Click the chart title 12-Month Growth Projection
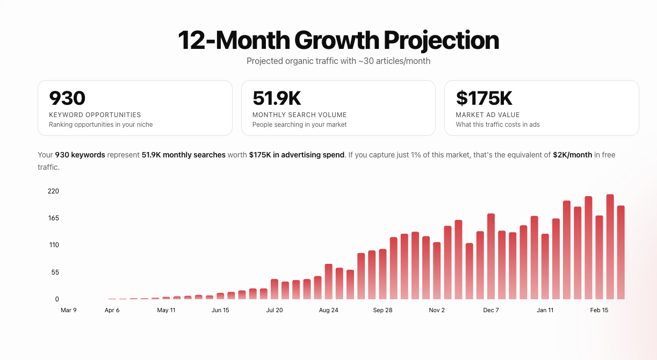click(338, 41)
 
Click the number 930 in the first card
click(67, 98)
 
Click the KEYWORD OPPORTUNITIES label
click(95, 114)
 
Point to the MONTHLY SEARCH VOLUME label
click(299, 114)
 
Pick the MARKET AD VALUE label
click(487, 114)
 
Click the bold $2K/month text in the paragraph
click(572, 155)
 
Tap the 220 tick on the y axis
click(53, 191)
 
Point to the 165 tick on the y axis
click(53, 218)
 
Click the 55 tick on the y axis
click(55, 272)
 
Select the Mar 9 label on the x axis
click(69, 310)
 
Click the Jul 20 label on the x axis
click(274, 310)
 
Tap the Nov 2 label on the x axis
click(437, 310)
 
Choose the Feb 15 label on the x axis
click(599, 310)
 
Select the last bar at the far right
click(620, 253)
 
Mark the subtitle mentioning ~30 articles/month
click(338, 61)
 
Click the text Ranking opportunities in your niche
click(101, 125)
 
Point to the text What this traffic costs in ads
click(497, 125)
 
